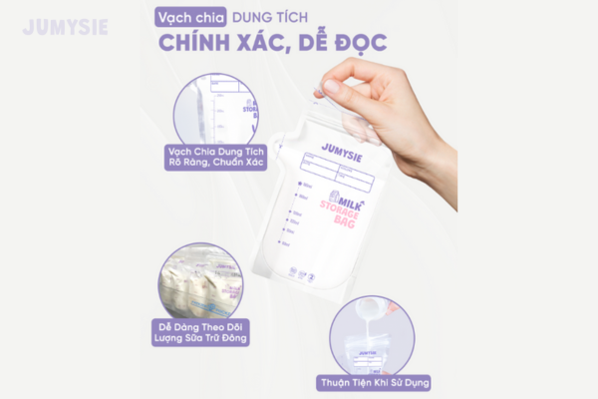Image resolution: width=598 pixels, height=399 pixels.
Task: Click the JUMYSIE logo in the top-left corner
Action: click(x=66, y=27)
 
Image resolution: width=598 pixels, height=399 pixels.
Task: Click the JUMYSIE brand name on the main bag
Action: click(x=340, y=149)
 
